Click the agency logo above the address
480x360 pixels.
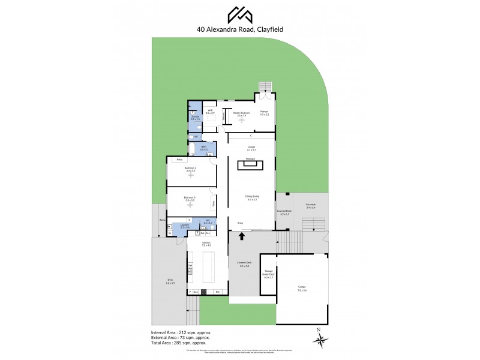tap(239, 13)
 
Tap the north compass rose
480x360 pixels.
tap(319, 338)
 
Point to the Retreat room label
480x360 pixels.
tap(264, 113)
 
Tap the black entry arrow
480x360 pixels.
tap(243, 236)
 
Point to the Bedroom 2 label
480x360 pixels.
tap(191, 170)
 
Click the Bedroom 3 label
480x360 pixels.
tap(190, 199)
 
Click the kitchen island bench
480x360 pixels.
tap(209, 268)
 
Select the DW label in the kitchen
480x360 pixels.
tap(190, 265)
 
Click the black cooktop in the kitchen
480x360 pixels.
tap(204, 292)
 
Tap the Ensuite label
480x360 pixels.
tap(195, 118)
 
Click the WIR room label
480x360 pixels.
tap(210, 112)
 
